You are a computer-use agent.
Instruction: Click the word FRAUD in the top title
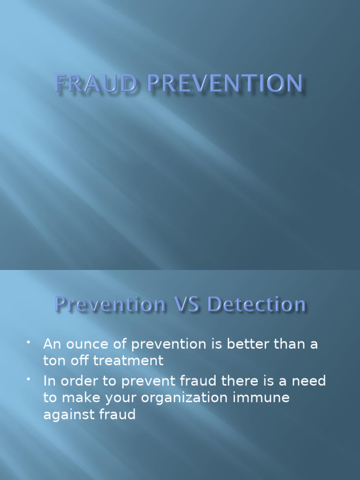click(x=94, y=84)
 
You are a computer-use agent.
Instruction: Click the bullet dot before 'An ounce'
click(x=29, y=344)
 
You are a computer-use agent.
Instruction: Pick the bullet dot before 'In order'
click(x=29, y=380)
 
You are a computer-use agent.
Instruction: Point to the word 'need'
click(x=309, y=381)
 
